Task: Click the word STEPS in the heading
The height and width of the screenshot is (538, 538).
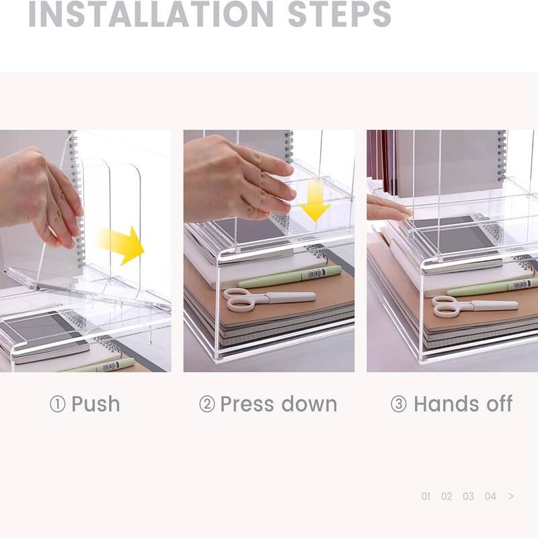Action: click(x=339, y=14)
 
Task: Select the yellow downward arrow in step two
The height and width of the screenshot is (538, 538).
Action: click(x=314, y=202)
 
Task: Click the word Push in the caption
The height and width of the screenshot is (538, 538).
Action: click(x=95, y=404)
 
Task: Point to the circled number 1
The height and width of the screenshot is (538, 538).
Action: click(x=57, y=405)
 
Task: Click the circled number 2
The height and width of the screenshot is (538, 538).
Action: click(x=206, y=405)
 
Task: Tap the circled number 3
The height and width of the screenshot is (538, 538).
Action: click(x=399, y=405)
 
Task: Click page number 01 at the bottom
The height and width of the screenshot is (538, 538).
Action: click(x=426, y=496)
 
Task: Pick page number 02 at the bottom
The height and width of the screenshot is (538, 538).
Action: click(x=447, y=496)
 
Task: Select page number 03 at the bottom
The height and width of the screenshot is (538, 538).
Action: click(x=468, y=496)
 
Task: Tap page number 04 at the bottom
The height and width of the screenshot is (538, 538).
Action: click(x=490, y=496)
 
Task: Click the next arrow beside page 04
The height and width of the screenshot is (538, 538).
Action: click(x=511, y=496)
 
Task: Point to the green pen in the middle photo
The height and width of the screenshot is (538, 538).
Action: click(x=289, y=276)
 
